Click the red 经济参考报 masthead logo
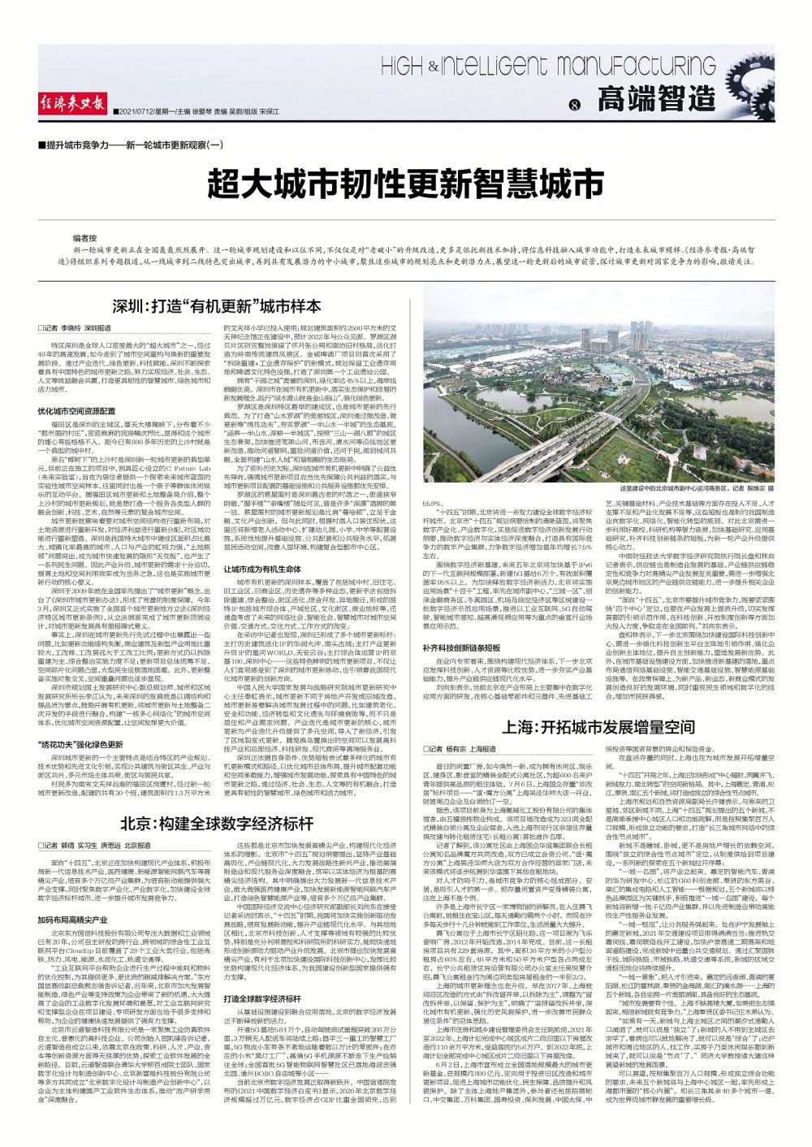tap(73, 103)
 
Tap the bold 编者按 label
tap(85, 238)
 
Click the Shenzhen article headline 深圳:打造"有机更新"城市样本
tap(217, 306)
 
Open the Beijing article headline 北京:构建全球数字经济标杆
tap(217, 823)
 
